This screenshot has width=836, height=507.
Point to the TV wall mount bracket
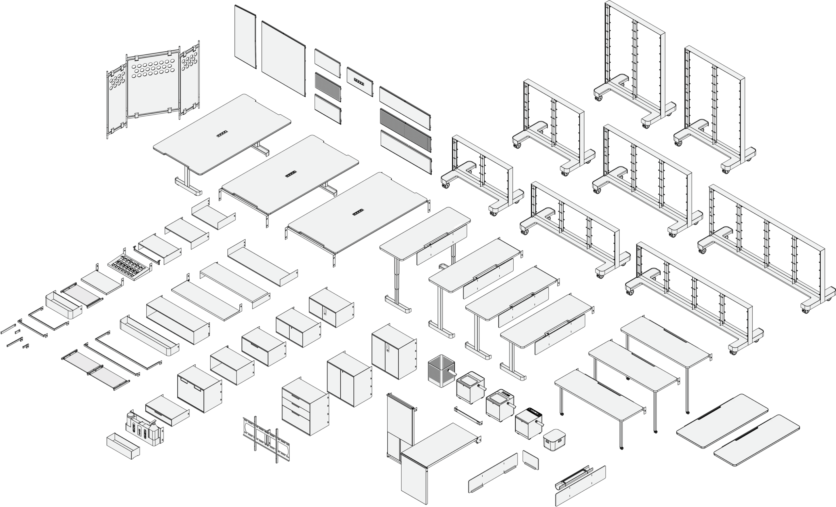267,440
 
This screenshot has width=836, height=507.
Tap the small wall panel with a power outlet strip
359,81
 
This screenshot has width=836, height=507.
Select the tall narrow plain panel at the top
245,36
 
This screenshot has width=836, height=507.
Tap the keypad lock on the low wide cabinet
325,312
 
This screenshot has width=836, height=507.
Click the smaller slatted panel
328,87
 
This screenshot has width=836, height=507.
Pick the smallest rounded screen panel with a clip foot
530,460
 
